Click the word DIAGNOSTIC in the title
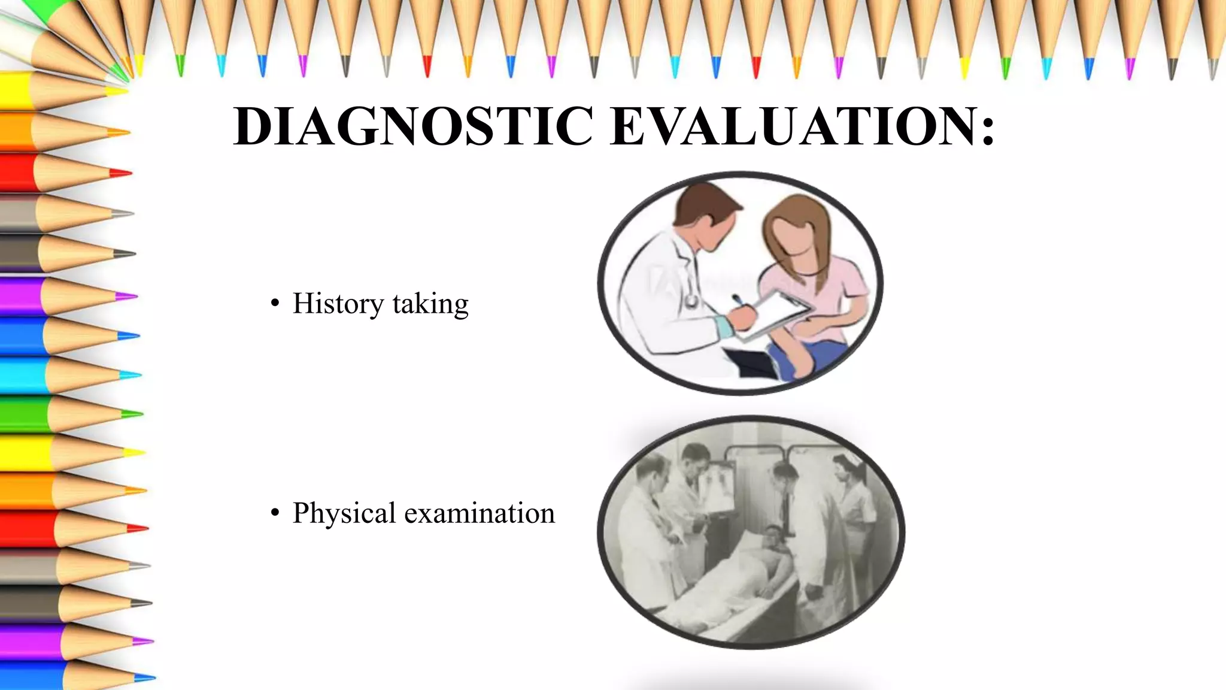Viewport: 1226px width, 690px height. pos(413,126)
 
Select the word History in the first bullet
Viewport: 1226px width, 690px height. pos(338,304)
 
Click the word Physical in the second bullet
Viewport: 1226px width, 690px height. pos(344,514)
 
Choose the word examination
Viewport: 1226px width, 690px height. pos(480,513)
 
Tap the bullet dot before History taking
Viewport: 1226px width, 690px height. pos(275,304)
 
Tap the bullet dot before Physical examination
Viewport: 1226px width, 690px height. pos(275,513)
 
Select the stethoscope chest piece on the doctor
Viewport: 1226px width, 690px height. pos(692,299)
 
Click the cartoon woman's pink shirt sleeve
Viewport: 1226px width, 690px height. pos(850,282)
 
